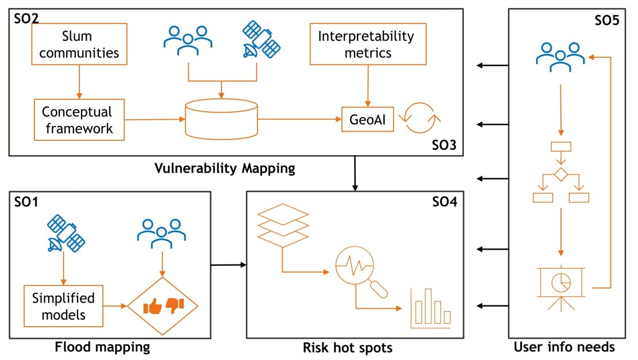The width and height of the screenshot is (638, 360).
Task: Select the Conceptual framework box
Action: (78, 120)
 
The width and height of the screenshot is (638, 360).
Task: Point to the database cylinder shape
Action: (221, 118)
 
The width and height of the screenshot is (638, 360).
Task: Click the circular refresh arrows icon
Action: (422, 118)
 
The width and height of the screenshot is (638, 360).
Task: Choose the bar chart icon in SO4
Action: (431, 307)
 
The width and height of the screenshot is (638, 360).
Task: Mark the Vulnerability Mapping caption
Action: (225, 168)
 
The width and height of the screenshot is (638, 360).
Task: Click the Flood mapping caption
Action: (102, 347)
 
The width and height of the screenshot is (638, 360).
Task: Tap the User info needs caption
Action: (564, 347)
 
